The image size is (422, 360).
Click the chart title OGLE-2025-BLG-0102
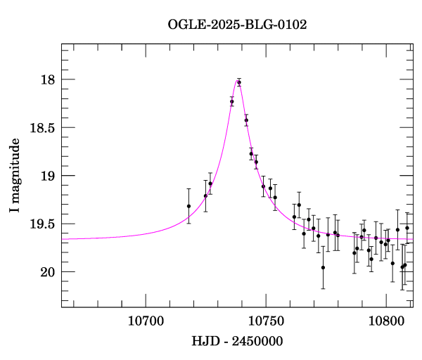237,24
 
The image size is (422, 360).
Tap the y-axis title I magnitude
15,175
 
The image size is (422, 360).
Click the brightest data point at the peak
239,82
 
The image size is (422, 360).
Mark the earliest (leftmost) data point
188,206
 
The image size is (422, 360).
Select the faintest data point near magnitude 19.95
323,267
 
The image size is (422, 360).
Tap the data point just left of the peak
232,102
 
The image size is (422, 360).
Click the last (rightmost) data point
407,228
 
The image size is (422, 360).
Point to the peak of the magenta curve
238,79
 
